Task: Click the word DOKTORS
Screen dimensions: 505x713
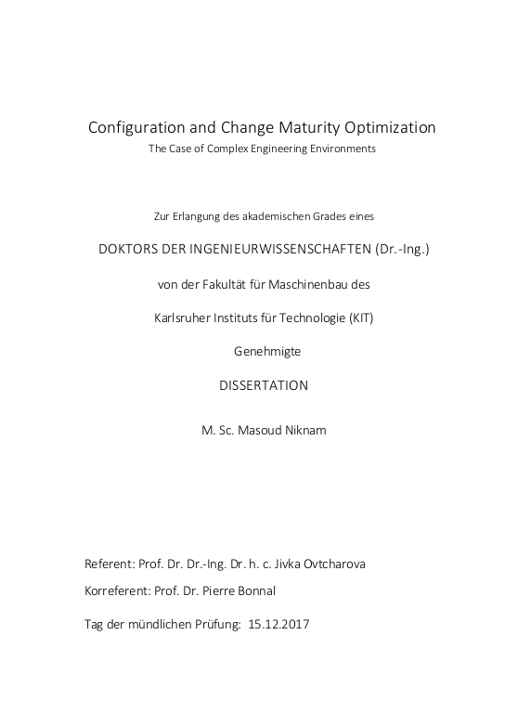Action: point(132,249)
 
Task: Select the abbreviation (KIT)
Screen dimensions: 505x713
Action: point(361,318)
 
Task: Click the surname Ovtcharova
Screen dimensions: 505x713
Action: point(321,564)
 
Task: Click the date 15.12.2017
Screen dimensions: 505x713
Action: point(278,624)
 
